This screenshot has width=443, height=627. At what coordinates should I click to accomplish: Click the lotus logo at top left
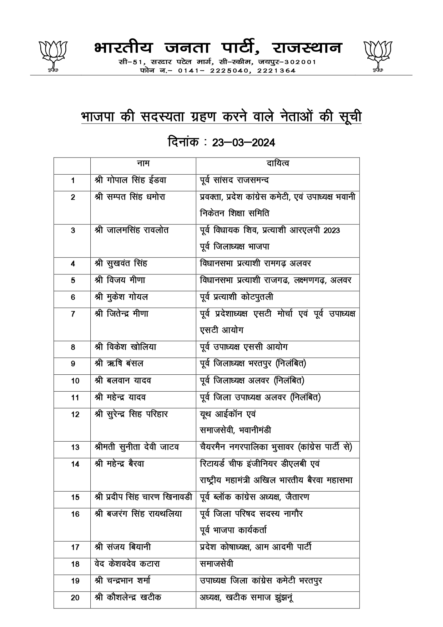tap(53, 56)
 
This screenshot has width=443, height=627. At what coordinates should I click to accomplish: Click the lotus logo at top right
tap(377, 56)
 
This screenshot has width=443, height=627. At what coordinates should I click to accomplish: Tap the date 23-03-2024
tap(243, 143)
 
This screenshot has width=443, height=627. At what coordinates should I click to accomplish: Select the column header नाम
tap(143, 164)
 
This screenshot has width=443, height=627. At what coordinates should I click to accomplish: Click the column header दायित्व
tap(278, 164)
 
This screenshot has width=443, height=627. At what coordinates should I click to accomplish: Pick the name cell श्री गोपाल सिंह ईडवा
tap(131, 180)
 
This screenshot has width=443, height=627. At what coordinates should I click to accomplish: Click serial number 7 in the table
tap(73, 314)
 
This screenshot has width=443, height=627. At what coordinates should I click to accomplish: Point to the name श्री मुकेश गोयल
tap(122, 297)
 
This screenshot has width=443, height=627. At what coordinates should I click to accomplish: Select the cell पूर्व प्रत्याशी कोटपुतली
tap(237, 297)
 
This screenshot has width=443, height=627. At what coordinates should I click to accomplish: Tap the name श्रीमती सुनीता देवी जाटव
tap(137, 447)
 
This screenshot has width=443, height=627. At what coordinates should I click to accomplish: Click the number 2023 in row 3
tap(332, 230)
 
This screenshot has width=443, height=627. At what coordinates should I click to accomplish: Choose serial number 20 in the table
tap(75, 597)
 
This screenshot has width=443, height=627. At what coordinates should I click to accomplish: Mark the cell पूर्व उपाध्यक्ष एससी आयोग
tap(244, 347)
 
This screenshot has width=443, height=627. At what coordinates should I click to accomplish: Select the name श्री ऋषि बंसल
tap(119, 364)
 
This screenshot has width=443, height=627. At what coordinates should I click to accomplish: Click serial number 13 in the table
tap(75, 447)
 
